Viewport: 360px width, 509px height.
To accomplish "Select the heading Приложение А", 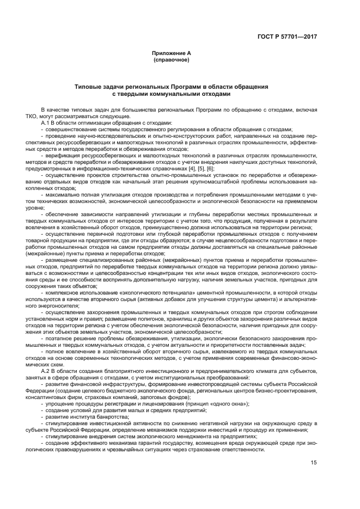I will click(171, 53).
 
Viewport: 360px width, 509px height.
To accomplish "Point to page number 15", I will click(314, 463).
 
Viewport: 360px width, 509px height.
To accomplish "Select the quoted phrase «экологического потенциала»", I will click(150, 293).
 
